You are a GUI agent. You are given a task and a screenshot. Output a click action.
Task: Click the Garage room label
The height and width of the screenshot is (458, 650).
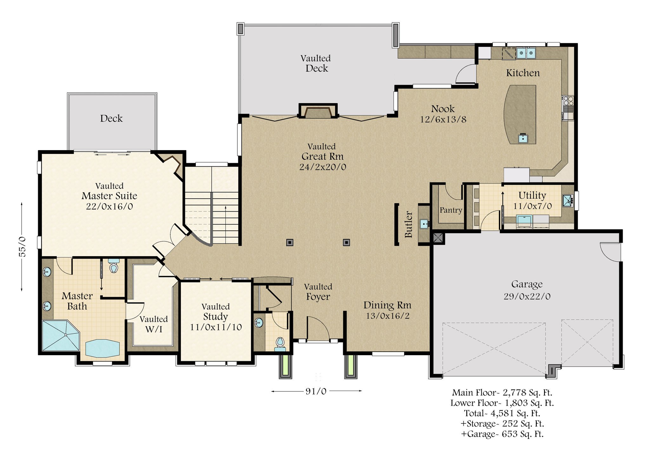[x=527, y=284]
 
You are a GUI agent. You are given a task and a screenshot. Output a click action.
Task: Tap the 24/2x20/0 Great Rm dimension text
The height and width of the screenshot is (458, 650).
[x=322, y=167]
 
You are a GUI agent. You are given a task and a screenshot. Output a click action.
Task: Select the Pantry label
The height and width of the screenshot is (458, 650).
[x=451, y=210]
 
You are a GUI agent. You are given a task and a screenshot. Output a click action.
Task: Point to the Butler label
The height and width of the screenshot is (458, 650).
[x=408, y=224]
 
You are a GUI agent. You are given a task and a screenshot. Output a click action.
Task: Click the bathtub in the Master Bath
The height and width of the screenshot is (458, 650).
[x=102, y=348]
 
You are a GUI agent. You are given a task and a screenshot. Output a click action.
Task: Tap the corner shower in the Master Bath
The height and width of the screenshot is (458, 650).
[x=61, y=335]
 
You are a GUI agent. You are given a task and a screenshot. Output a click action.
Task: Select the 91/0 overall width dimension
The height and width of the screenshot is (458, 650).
[x=316, y=391]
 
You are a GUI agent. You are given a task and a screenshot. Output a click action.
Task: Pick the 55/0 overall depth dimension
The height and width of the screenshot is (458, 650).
[x=22, y=247]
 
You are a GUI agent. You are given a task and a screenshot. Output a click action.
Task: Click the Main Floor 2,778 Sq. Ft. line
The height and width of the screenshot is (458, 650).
[x=502, y=393]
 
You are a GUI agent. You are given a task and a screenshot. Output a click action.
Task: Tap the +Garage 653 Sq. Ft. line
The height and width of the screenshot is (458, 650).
[x=502, y=434]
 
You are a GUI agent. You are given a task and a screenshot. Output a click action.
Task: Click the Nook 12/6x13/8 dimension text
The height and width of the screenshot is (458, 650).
[x=443, y=119]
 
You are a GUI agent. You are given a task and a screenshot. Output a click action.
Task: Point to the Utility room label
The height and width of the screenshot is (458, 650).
[x=532, y=195]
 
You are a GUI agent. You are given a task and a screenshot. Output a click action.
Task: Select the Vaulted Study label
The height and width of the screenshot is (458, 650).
[x=216, y=312]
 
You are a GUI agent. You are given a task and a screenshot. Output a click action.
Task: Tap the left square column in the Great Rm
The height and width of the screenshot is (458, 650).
[x=289, y=242]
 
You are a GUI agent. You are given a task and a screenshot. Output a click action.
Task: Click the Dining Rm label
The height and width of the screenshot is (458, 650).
[x=387, y=305]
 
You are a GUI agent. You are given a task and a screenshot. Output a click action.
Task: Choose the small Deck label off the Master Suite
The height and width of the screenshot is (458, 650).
[x=111, y=118]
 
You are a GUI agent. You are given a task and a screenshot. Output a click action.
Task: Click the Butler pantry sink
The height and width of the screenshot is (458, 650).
[x=424, y=224]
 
